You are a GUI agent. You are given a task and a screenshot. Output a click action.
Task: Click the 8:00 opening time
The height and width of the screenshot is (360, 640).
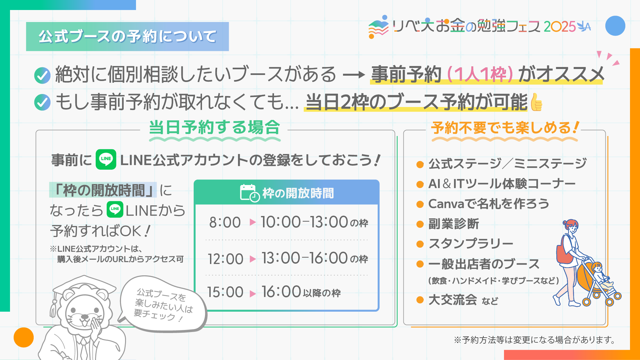[x=225, y=222]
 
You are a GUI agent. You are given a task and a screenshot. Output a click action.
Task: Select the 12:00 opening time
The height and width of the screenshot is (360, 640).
[x=226, y=259]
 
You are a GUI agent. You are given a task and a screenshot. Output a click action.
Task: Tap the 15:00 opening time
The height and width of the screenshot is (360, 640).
[x=225, y=292]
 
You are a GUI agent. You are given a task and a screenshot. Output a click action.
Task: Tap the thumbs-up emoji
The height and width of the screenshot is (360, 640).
[x=536, y=102]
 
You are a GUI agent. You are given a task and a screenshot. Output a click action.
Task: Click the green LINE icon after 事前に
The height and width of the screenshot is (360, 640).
[x=106, y=159]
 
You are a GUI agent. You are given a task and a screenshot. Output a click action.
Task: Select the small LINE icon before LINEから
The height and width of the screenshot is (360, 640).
[x=115, y=209]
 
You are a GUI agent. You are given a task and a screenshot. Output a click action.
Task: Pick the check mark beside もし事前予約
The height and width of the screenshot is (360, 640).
[x=42, y=102]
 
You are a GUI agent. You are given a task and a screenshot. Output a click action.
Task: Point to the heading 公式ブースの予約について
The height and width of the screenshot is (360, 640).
[x=127, y=36]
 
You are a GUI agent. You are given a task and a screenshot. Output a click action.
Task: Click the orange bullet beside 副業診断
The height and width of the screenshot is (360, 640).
[x=420, y=224]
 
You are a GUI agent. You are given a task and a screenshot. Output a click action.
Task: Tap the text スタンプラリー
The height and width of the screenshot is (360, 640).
[x=471, y=244]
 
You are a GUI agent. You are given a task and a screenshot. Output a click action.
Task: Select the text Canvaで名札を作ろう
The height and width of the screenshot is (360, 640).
[x=489, y=204]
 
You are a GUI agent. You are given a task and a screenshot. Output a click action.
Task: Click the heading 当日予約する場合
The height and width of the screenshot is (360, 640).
[x=214, y=128]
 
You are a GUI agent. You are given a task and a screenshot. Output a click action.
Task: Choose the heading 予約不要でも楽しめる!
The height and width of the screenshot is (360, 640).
[x=505, y=128]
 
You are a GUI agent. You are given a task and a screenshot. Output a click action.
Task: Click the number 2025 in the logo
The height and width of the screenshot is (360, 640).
[x=560, y=27]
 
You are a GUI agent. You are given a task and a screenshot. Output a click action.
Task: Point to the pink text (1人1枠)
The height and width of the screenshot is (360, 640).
[x=480, y=74]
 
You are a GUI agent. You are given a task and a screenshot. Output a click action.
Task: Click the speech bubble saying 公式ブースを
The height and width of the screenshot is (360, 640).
[x=163, y=304]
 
